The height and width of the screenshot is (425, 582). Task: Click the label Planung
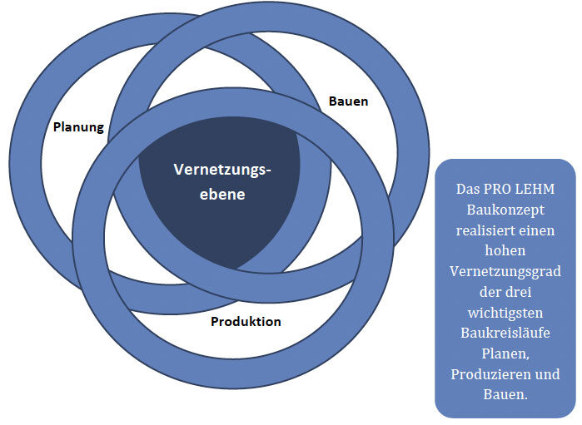tap(78, 127)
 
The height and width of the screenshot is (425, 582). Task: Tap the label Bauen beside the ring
tap(348, 101)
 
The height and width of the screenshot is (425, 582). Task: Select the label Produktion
tap(246, 322)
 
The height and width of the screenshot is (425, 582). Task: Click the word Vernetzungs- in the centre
tap(222, 169)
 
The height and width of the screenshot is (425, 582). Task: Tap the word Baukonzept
tap(505, 210)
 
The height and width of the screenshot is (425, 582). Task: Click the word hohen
tap(505, 251)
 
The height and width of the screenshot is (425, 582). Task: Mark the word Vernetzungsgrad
tap(505, 272)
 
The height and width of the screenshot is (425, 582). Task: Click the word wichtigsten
tap(505, 313)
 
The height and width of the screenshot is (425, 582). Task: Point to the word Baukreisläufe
tap(505, 333)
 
